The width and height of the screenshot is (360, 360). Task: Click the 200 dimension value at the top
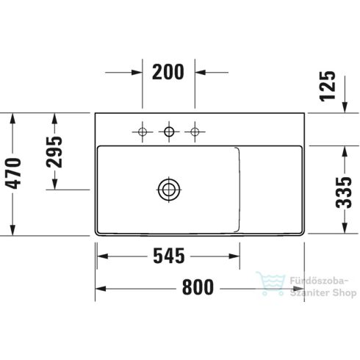pos(169,72)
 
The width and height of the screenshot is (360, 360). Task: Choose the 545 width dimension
pos(168,257)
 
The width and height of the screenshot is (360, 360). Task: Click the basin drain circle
pos(169,190)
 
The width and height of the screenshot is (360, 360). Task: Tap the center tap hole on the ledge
pos(169,132)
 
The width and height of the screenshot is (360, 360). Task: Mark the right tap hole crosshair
pos(195,132)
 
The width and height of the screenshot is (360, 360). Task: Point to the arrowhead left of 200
pos(135,72)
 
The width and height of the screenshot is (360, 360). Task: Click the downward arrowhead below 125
pos(345,107)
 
